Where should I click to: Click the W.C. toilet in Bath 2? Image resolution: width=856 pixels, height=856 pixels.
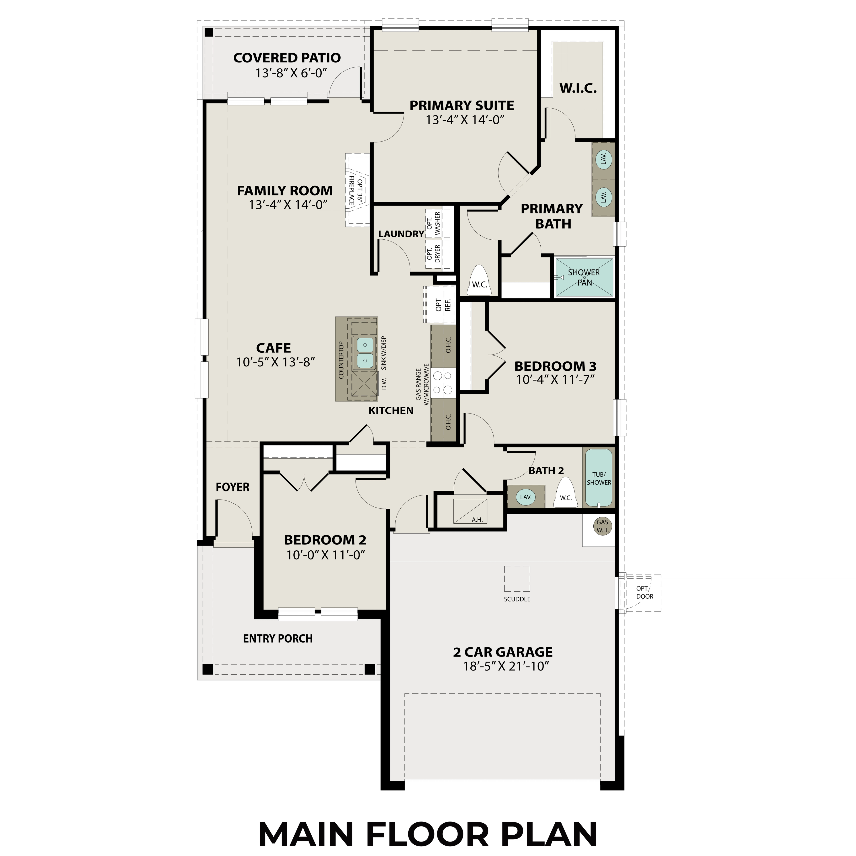[x=566, y=493]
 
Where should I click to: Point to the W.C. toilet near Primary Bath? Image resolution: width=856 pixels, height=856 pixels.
[x=479, y=278]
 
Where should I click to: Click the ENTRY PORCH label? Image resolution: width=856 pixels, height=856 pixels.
[x=278, y=638]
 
